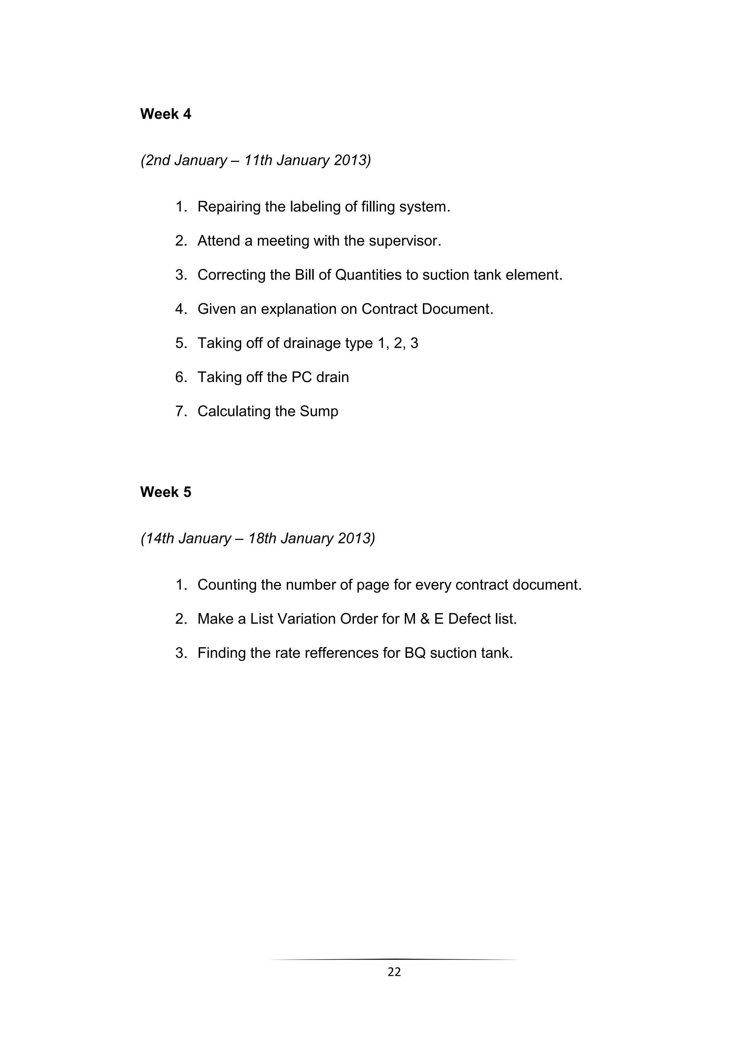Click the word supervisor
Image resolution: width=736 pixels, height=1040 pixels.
404,241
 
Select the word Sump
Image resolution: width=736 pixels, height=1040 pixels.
319,411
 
